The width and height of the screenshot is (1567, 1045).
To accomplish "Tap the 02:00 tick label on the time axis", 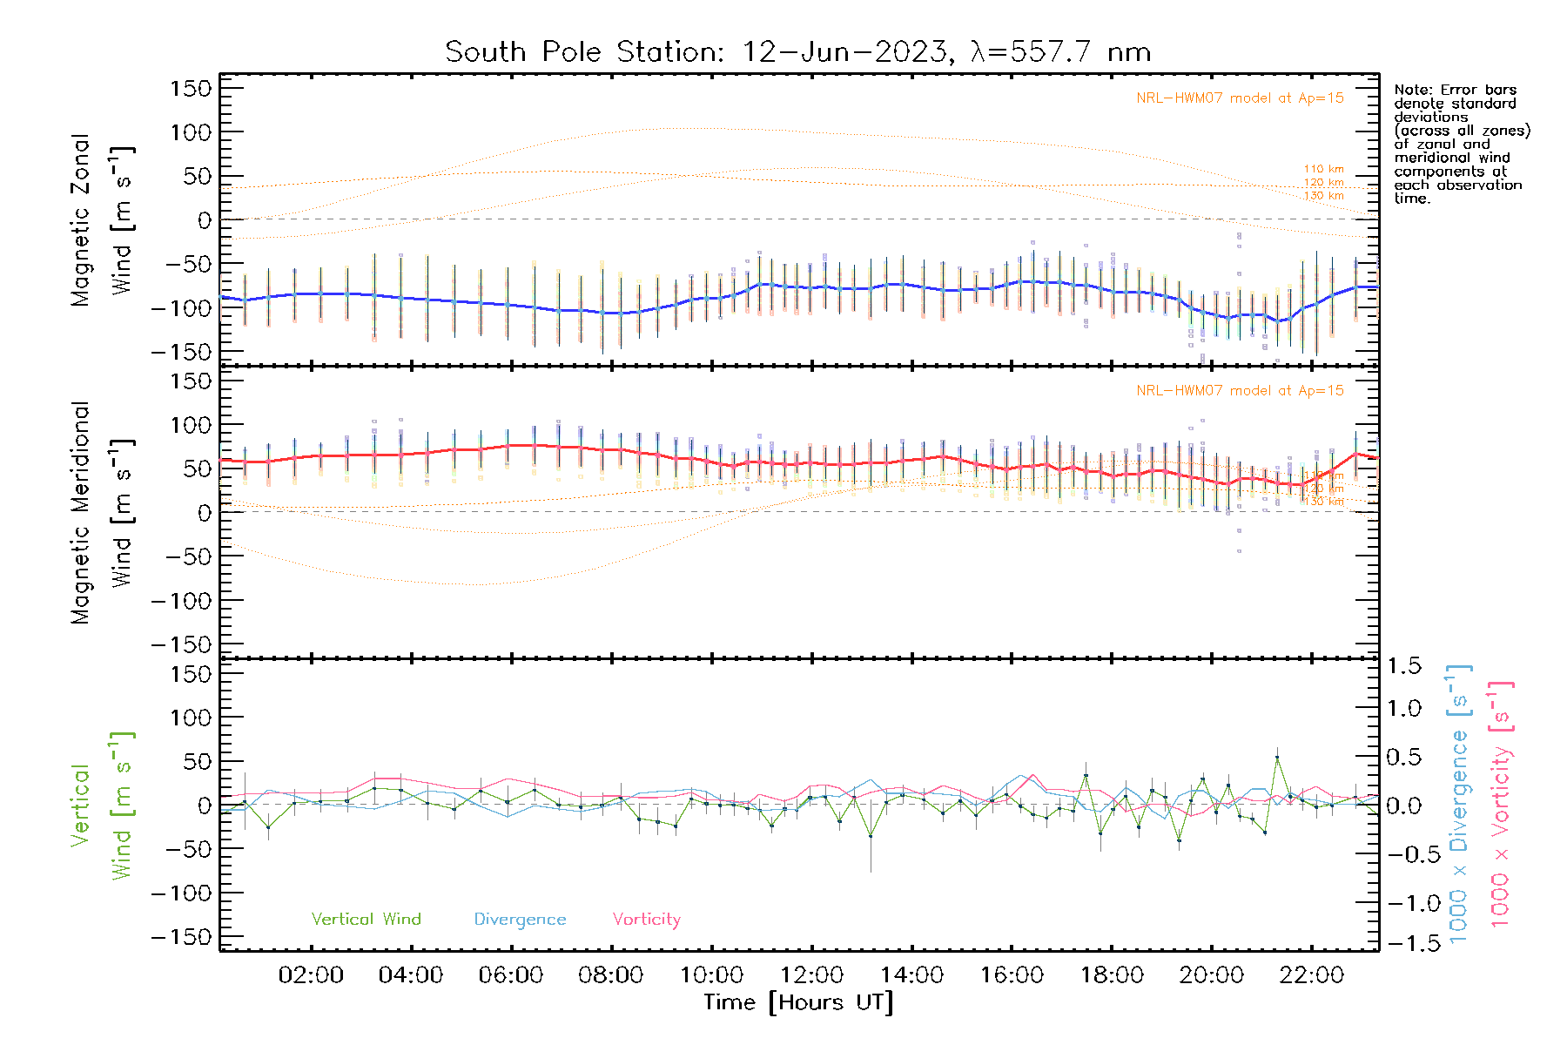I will pos(311,975).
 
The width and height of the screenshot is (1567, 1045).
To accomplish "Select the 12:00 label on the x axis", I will pos(811,975).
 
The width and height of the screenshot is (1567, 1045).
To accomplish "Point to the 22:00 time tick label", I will pos(1312,975).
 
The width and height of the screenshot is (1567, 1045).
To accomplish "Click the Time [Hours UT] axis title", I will pos(798,1003).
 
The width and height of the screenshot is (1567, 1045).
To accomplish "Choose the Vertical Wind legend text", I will pos(366,920).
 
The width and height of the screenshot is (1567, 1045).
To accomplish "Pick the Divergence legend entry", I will pos(520,920).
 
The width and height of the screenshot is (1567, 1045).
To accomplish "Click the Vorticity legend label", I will pos(646,920).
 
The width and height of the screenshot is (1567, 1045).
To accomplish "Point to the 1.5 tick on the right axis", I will pos(1403,666).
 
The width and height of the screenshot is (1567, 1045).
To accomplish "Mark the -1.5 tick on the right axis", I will pos(1403,943).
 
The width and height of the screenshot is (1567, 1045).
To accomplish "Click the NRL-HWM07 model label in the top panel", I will pos(1240,98).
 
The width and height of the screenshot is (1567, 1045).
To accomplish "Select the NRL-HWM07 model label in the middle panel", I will pos(1240,391).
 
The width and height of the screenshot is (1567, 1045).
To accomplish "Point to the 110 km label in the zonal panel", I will pos(1323,169).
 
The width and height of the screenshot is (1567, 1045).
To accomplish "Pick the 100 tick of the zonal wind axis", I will pos(192,132).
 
